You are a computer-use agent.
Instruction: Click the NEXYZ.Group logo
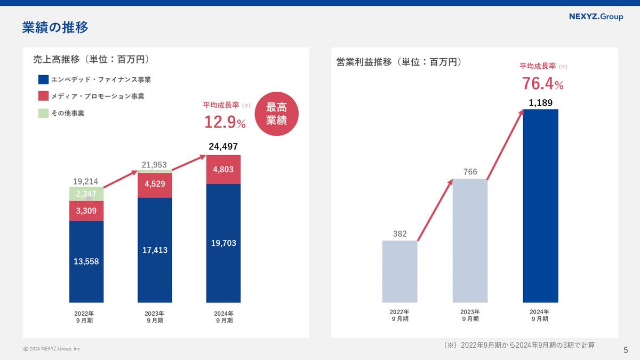[596, 17]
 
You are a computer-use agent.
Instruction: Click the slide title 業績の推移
[55, 27]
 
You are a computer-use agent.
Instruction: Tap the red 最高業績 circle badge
[276, 114]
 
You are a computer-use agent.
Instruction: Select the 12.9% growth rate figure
[225, 123]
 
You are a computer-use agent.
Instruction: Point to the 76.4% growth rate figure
[542, 84]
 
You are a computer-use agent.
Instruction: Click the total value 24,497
[223, 147]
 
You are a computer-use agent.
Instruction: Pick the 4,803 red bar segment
[223, 170]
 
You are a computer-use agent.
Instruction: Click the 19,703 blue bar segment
[223, 243]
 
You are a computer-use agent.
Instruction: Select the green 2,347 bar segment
[86, 194]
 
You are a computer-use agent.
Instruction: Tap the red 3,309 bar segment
[86, 211]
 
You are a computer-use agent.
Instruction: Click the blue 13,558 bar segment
[86, 261]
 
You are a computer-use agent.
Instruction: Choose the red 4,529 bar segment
[155, 184]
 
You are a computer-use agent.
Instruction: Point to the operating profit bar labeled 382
[399, 271]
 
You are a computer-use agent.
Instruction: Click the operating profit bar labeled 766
[470, 241]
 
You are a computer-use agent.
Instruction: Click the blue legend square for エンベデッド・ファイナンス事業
[44, 80]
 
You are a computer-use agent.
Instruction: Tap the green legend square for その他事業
[44, 113]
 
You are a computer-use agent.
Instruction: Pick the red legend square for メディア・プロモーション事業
[44, 97]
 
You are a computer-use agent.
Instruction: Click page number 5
[626, 350]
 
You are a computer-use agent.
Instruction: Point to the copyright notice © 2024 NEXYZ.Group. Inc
[52, 349]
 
